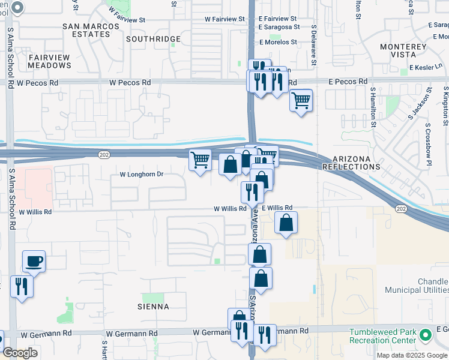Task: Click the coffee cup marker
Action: [34, 262]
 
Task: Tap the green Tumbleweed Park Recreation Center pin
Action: [426, 335]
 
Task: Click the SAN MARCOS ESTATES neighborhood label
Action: [87, 30]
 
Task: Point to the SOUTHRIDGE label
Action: [154, 39]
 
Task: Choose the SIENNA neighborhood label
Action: [155, 307]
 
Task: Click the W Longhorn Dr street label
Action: [142, 175]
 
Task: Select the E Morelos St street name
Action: [278, 43]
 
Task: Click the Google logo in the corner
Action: [20, 353]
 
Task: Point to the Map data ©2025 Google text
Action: [411, 355]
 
